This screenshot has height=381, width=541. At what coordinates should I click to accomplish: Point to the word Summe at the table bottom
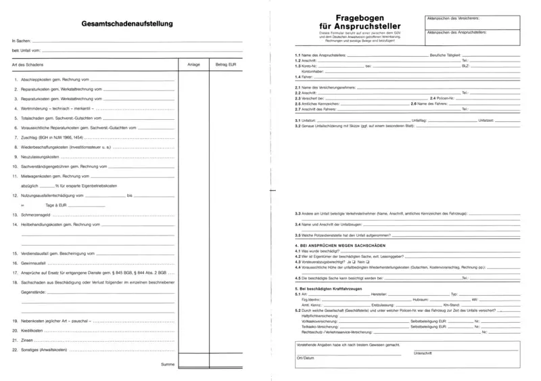168,365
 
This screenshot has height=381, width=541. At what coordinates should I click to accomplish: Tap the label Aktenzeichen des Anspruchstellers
456,31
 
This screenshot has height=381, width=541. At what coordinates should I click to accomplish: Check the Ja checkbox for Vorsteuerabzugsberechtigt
353,261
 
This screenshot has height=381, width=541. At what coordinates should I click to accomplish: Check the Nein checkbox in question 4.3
367,261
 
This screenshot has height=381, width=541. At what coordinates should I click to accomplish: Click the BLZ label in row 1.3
465,66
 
